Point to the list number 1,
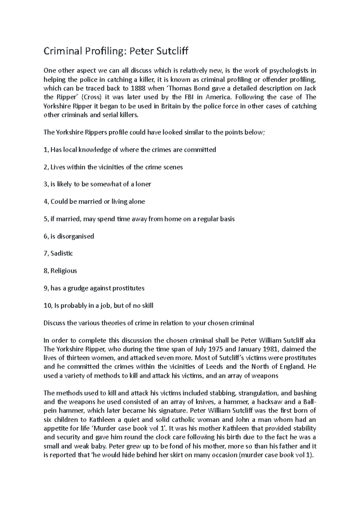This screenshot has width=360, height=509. pyautogui.click(x=46, y=150)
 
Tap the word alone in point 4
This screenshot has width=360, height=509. pyautogui.click(x=136, y=201)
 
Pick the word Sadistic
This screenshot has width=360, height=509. pyautogui.click(x=62, y=253)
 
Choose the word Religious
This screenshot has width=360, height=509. pyautogui.click(x=64, y=271)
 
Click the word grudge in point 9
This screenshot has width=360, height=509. pyautogui.click(x=79, y=288)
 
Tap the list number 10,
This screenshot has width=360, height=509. pyautogui.click(x=47, y=306)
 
